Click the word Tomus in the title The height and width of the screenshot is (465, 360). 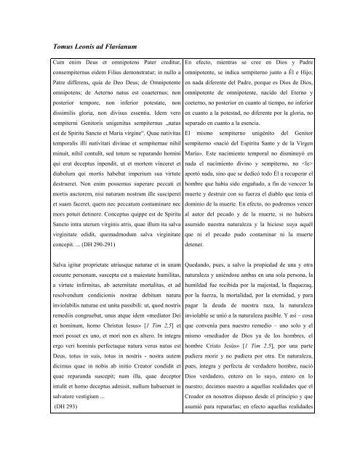pos(56,47)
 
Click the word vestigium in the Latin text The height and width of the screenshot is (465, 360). pos(93,445)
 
